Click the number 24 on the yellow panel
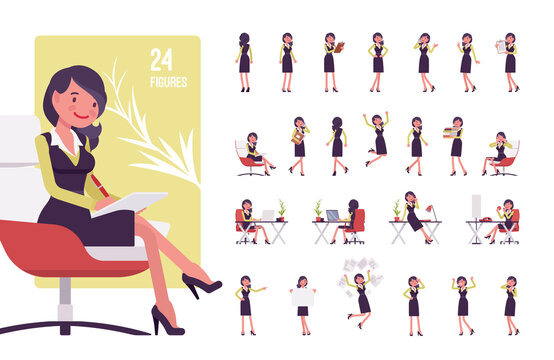click(161, 58)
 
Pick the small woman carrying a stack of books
click(456, 139)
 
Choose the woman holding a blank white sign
click(302, 297)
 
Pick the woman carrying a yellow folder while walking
click(298, 140)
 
